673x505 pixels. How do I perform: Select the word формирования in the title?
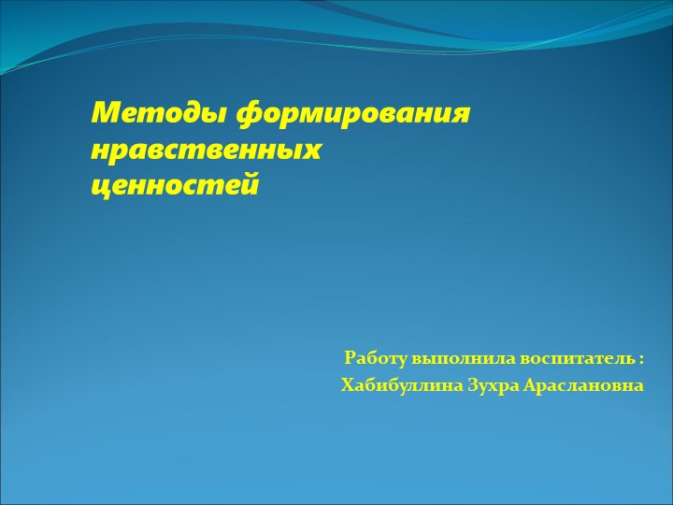[352, 115]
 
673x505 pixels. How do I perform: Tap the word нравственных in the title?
[207, 151]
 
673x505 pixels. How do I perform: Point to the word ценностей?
[175, 185]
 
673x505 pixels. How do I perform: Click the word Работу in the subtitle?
[376, 358]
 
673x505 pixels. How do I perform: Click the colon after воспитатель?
[642, 359]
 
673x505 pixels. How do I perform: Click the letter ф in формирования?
[248, 116]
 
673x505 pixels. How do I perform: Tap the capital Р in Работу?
[351, 358]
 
